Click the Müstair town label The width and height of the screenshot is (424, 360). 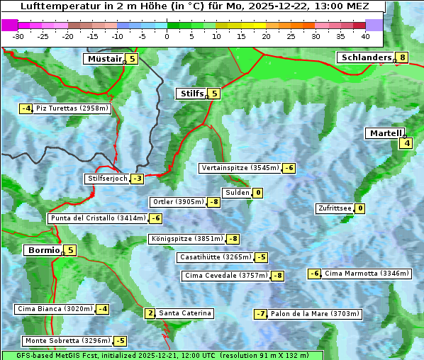pos(104,59)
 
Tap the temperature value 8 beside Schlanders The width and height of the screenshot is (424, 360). pos(402,58)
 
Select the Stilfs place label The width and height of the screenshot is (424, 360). pos(190,94)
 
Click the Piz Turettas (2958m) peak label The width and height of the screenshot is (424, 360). pos(72,108)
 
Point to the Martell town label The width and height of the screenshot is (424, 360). pos(384,133)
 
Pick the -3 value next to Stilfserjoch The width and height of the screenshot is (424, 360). pos(138,179)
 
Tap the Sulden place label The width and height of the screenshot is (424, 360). pos(236,193)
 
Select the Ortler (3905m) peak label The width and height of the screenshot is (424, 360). pos(178,202)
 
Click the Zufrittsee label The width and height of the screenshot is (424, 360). pos(334,208)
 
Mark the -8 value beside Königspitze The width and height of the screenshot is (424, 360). pos(233,239)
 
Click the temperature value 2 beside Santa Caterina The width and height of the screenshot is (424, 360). pos(150,313)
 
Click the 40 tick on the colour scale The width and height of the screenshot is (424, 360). pos(365,36)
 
